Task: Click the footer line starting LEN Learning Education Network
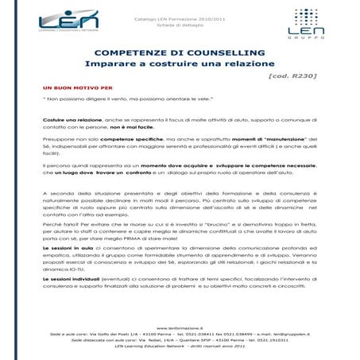180,346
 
